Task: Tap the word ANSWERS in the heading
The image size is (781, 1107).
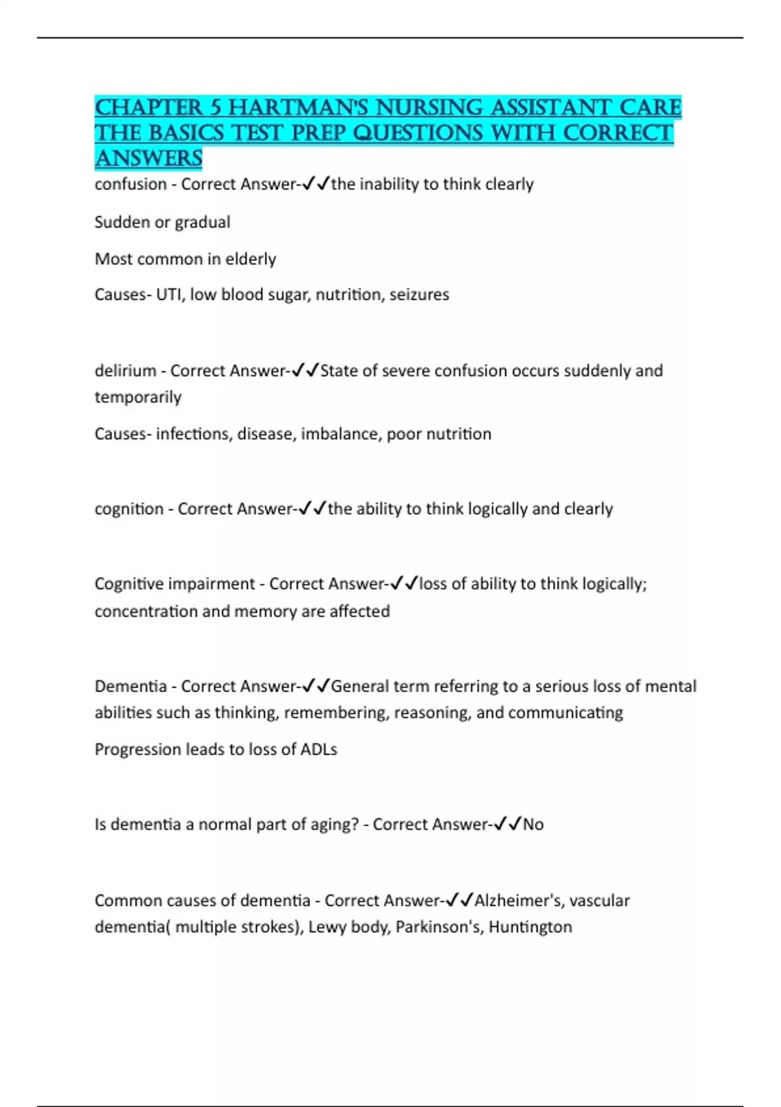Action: coord(148,158)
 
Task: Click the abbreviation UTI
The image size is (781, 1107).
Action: coord(170,294)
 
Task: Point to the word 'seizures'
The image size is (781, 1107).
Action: coord(419,294)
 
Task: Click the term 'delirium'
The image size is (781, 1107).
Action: coord(125,371)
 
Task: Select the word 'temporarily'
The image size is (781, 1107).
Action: coord(138,397)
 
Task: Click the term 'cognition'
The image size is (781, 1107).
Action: coord(129,509)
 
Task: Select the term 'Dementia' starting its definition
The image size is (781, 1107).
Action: coord(130,686)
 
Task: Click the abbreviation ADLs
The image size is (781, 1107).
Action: coord(318,750)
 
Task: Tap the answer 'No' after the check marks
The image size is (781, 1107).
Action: coord(533,824)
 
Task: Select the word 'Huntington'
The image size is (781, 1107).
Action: coord(530,927)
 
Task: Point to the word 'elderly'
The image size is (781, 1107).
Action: coord(251,259)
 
